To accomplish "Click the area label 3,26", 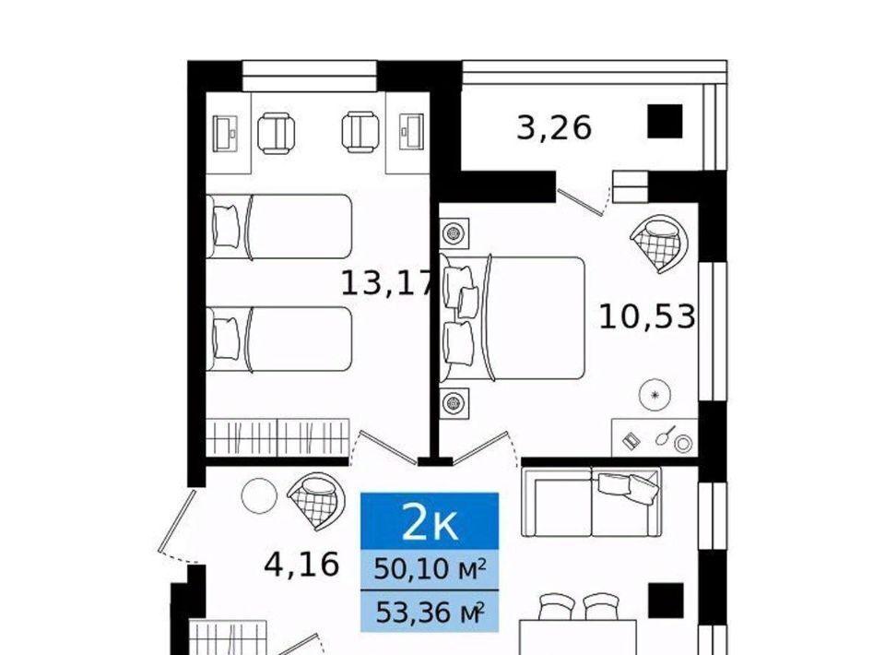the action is [554, 127].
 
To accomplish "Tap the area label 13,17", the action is [389, 283].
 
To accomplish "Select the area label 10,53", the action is [647, 316].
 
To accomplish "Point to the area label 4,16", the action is [301, 564].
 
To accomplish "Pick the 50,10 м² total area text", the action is [430, 569].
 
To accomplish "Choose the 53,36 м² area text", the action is [430, 611].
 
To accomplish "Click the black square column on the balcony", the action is [665, 121].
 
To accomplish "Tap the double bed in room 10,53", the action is [512, 318].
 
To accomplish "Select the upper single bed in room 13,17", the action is [279, 226].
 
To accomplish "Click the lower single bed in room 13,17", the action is [279, 339].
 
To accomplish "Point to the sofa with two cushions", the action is [591, 502].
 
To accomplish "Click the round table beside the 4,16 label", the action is [259, 495].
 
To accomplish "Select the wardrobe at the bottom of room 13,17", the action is [277, 437].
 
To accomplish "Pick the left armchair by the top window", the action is [276, 133].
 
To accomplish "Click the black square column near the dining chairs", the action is [666, 601].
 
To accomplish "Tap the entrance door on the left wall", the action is [176, 520].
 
